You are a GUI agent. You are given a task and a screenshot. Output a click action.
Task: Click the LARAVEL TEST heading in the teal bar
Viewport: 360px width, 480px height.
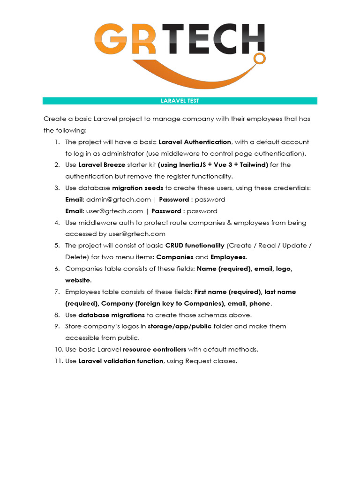(x=180, y=101)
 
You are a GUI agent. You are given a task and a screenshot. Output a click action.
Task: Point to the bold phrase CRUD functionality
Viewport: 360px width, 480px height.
(x=195, y=246)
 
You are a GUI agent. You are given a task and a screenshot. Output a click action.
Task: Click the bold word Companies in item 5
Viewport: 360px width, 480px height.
(x=174, y=257)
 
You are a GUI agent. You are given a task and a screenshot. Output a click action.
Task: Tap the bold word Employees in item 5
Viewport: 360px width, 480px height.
(x=228, y=257)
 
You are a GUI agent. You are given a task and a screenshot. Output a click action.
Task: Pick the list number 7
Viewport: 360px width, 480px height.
(x=57, y=292)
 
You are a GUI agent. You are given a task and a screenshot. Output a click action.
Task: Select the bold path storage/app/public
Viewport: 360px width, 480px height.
(x=180, y=326)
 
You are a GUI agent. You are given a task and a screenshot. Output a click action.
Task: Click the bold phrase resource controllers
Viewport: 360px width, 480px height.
(x=154, y=350)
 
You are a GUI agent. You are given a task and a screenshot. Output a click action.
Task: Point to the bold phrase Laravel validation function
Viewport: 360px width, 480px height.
(x=121, y=361)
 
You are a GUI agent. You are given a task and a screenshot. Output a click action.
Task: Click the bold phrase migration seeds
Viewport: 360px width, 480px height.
(x=137, y=188)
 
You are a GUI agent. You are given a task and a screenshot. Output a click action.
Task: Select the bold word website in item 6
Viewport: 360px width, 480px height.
(x=78, y=280)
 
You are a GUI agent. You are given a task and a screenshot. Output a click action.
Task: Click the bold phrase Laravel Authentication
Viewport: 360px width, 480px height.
(x=195, y=142)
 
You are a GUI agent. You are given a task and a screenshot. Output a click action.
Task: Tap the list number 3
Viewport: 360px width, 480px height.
(x=57, y=188)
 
